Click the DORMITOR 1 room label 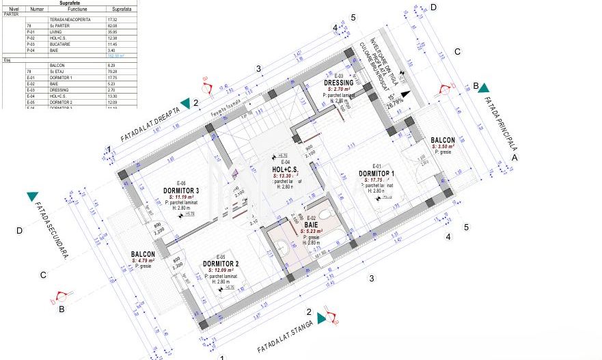377,174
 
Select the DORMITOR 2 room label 221,264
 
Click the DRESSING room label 338,83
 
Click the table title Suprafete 68,3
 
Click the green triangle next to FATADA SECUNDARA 32,197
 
